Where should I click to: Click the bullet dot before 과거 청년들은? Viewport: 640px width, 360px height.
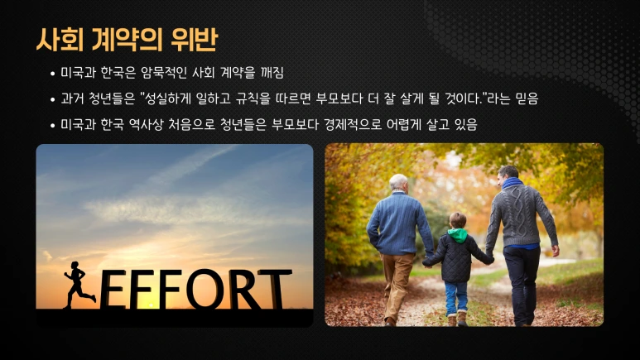[x=52, y=99]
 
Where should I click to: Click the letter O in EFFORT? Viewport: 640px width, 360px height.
[x=202, y=290]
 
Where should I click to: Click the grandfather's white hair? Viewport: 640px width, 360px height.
[x=399, y=182]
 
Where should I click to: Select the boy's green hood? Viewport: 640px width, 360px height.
[x=457, y=235]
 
